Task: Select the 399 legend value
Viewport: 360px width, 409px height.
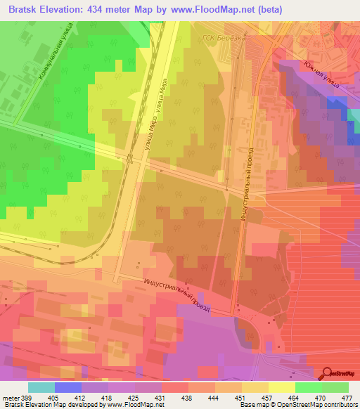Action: pyautogui.click(x=29, y=398)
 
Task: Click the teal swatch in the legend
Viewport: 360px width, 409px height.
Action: pyautogui.click(x=41, y=387)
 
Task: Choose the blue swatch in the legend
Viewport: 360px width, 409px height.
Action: pyautogui.click(x=68, y=387)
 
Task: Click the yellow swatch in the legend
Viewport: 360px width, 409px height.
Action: pyautogui.click(x=282, y=387)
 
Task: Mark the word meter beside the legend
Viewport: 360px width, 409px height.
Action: pyautogui.click(x=11, y=398)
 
